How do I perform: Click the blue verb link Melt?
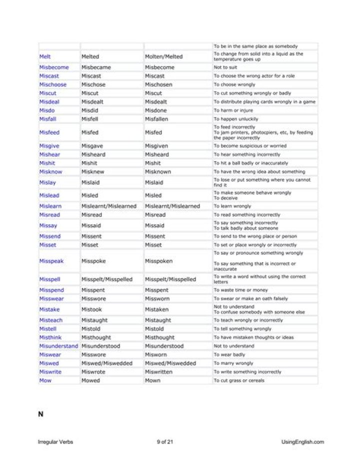(45, 57)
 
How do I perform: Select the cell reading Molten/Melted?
(163, 57)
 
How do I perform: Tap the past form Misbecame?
(96, 67)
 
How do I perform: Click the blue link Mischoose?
(52, 85)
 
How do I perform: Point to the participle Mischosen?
(158, 85)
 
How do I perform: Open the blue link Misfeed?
(49, 133)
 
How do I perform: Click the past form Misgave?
(92, 146)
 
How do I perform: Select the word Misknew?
(93, 172)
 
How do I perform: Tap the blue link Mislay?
(47, 183)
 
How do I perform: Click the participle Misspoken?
(160, 261)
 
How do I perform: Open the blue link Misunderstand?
(58, 346)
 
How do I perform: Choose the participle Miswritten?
(159, 372)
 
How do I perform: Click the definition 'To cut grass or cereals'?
(239, 380)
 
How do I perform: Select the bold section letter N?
(40, 413)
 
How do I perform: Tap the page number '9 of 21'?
(165, 442)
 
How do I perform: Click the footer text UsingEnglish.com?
(302, 442)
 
